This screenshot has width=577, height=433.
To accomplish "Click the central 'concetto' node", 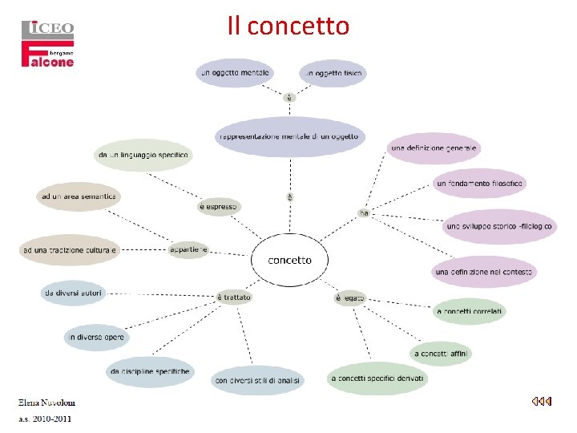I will [289, 261].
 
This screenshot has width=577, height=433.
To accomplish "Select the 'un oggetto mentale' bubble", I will [235, 73].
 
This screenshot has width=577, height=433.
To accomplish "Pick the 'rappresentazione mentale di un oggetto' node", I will [289, 136].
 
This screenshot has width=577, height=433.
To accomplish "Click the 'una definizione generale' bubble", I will [434, 148].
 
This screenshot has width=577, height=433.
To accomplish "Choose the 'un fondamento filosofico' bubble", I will [480, 184].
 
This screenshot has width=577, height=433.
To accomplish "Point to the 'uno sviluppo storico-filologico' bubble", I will [499, 227].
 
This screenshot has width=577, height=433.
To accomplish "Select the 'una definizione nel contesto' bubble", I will [484, 273].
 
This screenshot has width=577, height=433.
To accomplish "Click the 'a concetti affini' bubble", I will [442, 354].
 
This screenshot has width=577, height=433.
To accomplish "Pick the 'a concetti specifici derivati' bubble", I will [378, 378].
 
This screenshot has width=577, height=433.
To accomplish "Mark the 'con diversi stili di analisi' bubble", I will [257, 380].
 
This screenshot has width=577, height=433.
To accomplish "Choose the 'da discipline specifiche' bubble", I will [150, 372].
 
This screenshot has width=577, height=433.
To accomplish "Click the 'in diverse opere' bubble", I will [95, 338].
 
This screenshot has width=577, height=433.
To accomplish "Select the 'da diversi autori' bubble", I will [73, 293].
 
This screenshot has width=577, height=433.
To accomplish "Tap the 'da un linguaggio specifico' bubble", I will [143, 155].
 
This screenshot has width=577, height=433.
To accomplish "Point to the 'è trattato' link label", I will [234, 297].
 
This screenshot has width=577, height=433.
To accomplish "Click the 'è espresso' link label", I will [218, 207].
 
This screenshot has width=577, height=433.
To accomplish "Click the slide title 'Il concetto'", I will [288, 26].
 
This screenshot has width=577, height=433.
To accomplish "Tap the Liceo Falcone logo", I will [47, 44].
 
